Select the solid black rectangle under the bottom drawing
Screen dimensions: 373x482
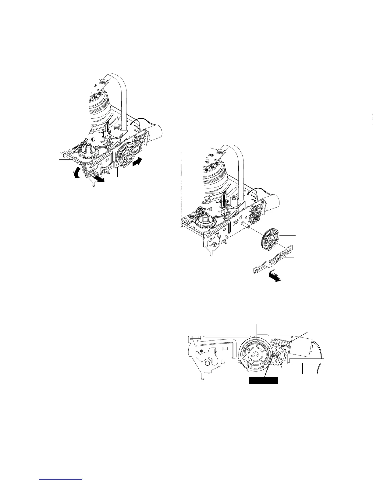tap(264, 380)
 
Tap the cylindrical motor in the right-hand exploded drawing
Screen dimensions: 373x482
tap(272, 204)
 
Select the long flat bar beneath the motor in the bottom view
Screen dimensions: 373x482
tap(306, 361)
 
